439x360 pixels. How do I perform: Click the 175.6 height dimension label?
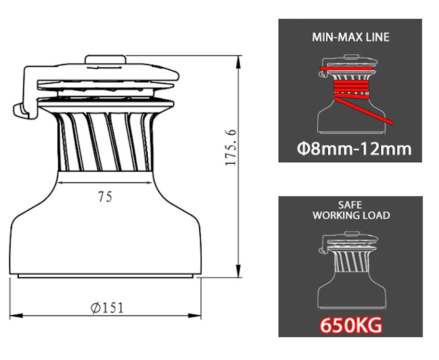pos(231,147)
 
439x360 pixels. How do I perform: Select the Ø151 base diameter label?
pos(107,307)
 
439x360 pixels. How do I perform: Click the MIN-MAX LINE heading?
pos(350,37)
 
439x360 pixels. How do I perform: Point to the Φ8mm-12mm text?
pos(354,148)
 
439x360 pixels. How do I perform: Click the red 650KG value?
pos(351,326)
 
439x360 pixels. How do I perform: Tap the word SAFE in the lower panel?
pos(350,205)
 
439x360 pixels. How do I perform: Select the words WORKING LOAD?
pos(351,216)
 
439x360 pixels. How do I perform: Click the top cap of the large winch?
pos(106,59)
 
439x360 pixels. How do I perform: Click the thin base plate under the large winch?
pos(106,276)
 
